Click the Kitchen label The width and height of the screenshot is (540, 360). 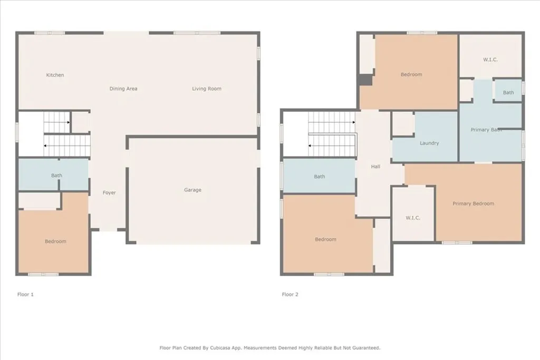[55, 75]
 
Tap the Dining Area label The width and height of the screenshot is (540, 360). [123, 89]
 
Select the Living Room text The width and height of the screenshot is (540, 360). [207, 89]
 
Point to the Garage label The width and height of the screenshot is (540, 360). [192, 190]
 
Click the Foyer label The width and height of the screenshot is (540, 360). [109, 193]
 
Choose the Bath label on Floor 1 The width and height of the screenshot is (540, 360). [56, 176]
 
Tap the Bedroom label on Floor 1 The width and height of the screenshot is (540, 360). [55, 241]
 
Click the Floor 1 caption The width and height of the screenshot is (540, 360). [25, 295]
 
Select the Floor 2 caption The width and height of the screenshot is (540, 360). [290, 295]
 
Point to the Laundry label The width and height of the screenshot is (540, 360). [429, 143]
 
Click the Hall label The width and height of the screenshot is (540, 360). [375, 167]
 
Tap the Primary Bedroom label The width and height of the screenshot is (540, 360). [473, 203]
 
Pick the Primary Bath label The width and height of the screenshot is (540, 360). [486, 130]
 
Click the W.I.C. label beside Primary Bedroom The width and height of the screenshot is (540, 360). [412, 218]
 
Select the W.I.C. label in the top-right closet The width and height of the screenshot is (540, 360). [490, 60]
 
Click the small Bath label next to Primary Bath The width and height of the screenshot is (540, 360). [508, 93]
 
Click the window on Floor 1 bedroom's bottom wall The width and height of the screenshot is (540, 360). [43, 274]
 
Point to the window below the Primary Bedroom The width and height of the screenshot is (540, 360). [457, 242]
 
